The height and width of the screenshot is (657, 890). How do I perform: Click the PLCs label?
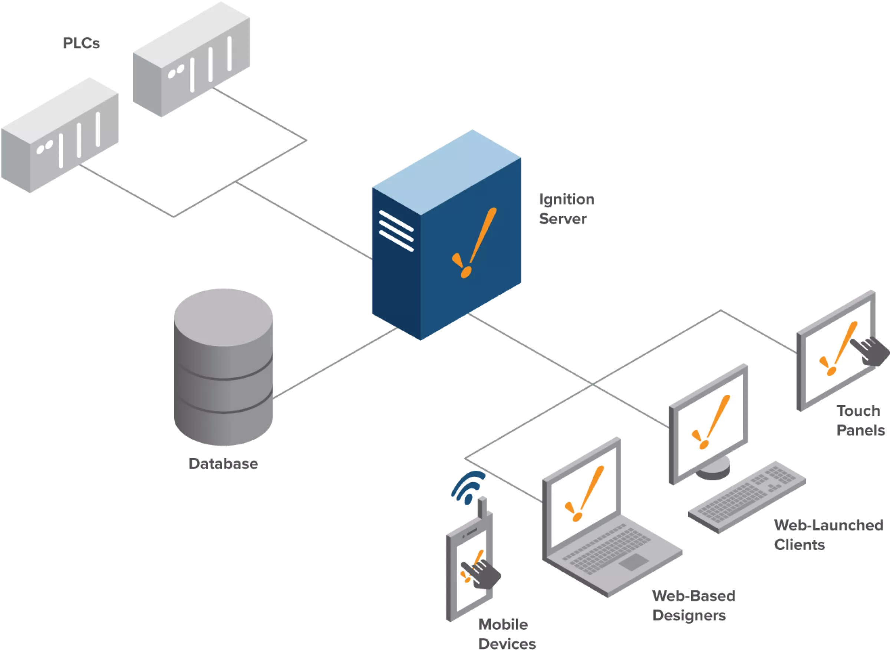pos(82,43)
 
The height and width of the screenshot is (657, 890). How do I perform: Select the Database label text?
pos(222,464)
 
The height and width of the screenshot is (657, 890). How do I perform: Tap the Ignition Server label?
pos(566,209)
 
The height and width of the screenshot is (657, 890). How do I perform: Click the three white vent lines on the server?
pos(396,231)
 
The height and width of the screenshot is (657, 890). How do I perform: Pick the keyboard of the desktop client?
pos(747,497)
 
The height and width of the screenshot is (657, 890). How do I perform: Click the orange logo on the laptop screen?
pos(584,493)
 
